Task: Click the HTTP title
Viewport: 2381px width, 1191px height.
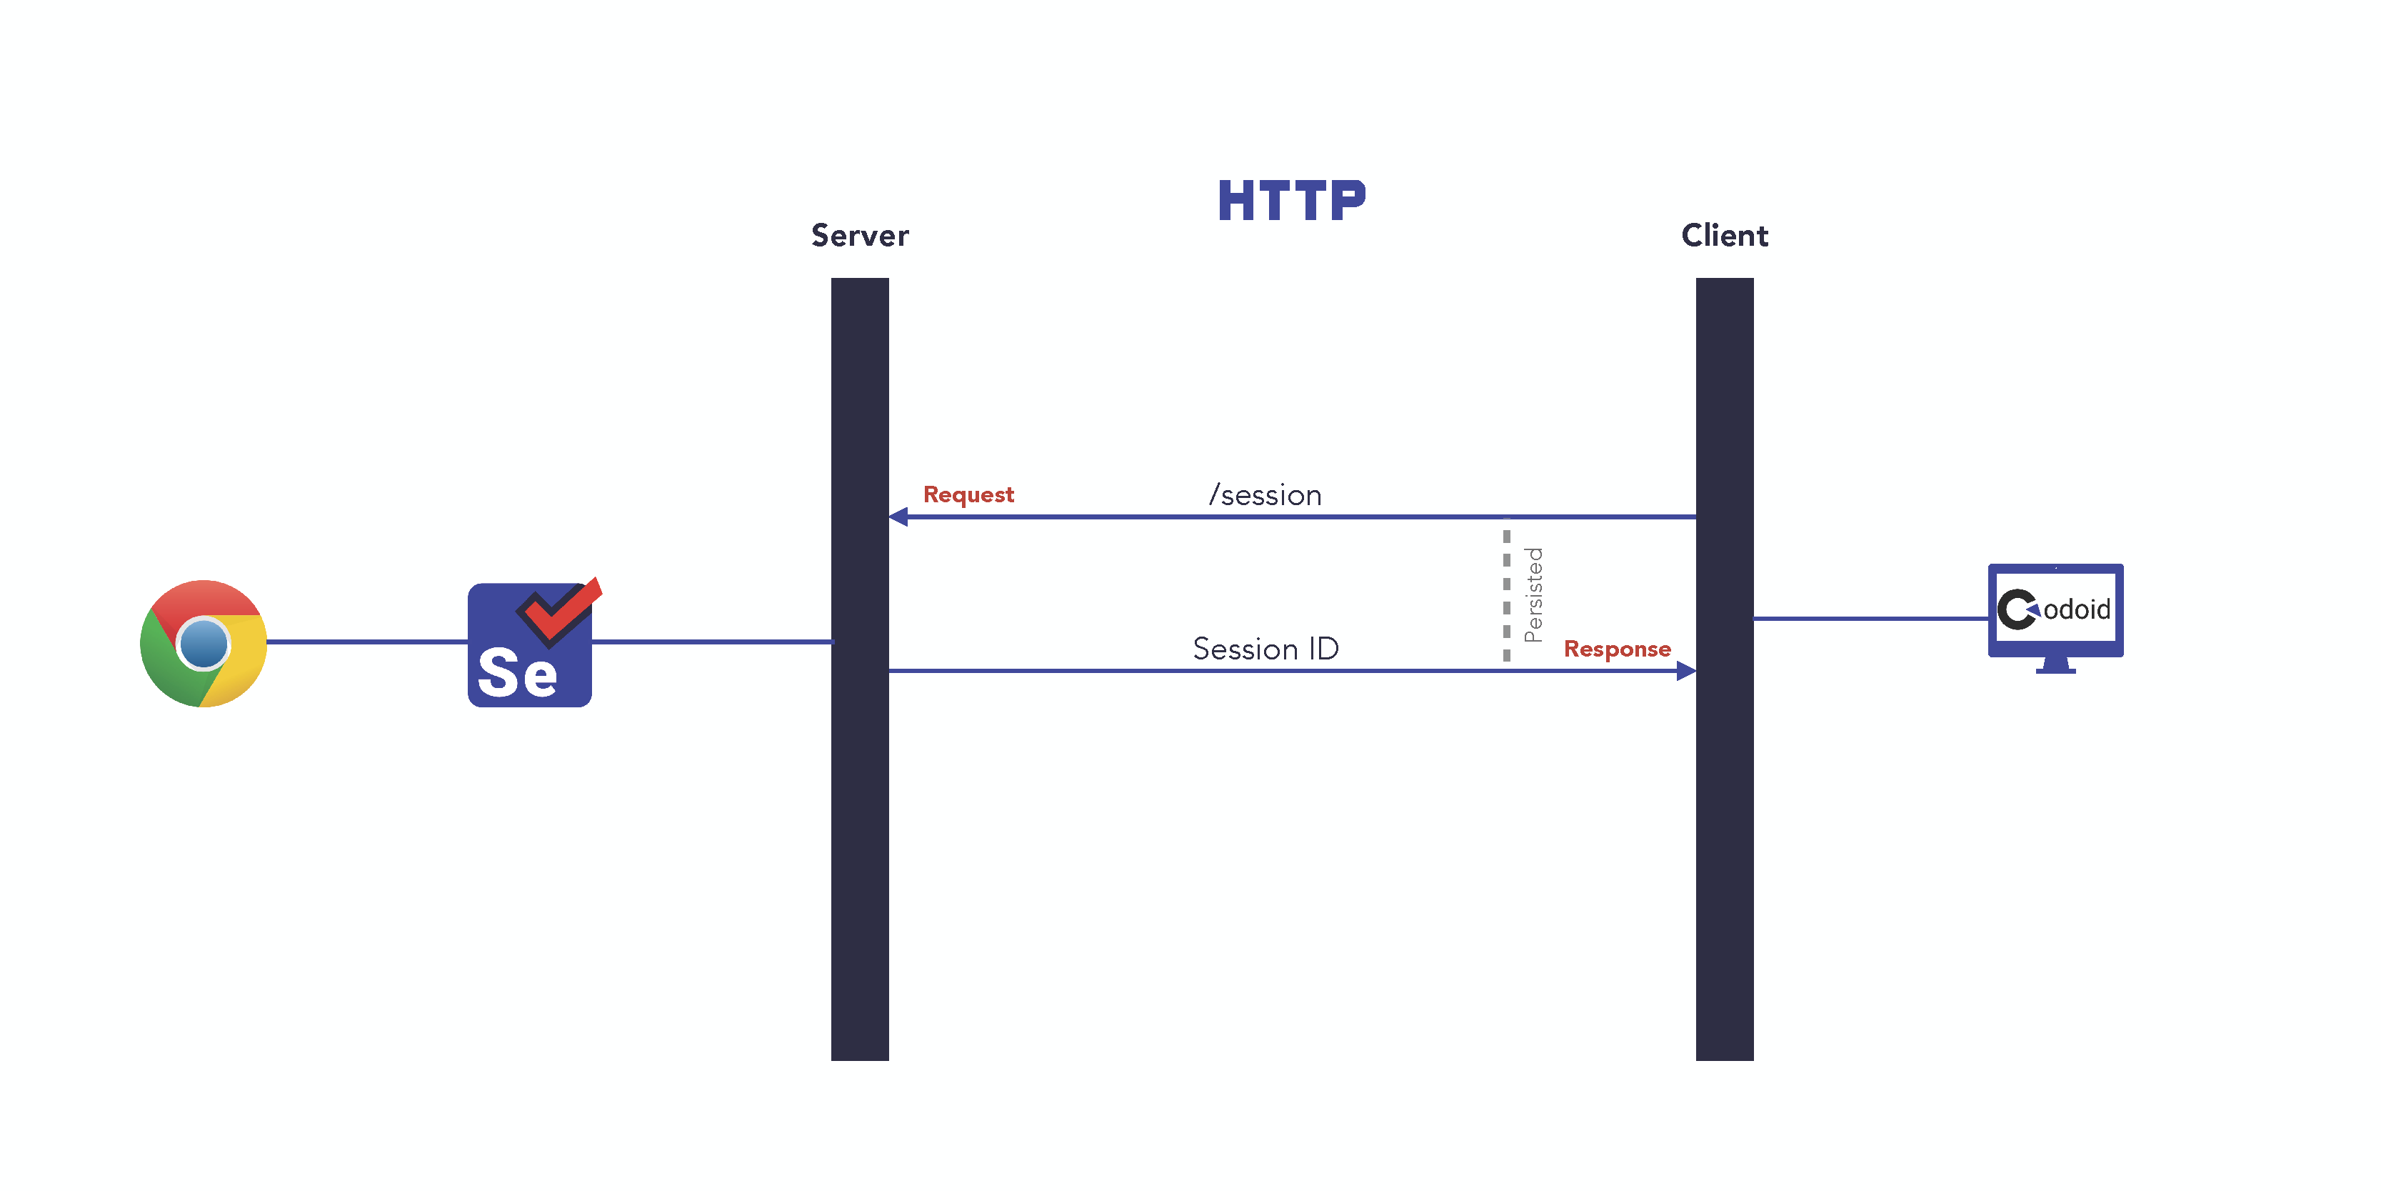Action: point(1290,201)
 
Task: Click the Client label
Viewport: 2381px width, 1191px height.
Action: point(1724,236)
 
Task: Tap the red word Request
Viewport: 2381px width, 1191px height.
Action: point(968,494)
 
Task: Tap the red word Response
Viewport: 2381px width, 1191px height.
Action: point(1617,649)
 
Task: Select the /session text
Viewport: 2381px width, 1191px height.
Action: point(1265,496)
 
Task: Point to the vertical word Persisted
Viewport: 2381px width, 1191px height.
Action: point(1533,594)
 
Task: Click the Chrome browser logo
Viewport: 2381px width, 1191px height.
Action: point(204,644)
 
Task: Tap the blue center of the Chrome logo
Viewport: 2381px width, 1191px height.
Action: point(204,644)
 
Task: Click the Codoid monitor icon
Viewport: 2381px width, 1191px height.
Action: point(2055,610)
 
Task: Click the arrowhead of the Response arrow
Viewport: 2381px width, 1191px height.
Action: point(1686,670)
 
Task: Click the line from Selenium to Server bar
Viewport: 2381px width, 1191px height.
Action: point(712,641)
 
